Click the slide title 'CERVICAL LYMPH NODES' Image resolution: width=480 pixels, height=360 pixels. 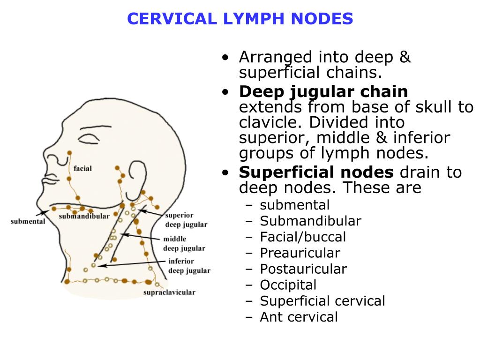[x=240, y=19]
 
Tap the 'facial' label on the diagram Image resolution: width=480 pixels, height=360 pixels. [x=82, y=168]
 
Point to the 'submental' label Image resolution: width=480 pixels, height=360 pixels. [x=28, y=221]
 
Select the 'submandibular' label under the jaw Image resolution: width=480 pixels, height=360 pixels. [x=84, y=217]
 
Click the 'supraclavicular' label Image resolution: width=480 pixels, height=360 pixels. [x=169, y=292]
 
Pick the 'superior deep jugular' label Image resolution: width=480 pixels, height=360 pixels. [x=186, y=220]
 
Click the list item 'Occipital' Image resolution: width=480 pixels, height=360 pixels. [x=288, y=285]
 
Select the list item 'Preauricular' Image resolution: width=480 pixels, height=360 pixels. [x=300, y=253]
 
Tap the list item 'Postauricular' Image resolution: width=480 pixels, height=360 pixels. [x=303, y=269]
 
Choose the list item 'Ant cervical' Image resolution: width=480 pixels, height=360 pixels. [x=299, y=317]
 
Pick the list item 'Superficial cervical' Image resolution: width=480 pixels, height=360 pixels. [x=322, y=301]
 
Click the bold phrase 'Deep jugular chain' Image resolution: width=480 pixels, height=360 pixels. [x=323, y=91]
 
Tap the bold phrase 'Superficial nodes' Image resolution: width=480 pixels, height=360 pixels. [x=316, y=172]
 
